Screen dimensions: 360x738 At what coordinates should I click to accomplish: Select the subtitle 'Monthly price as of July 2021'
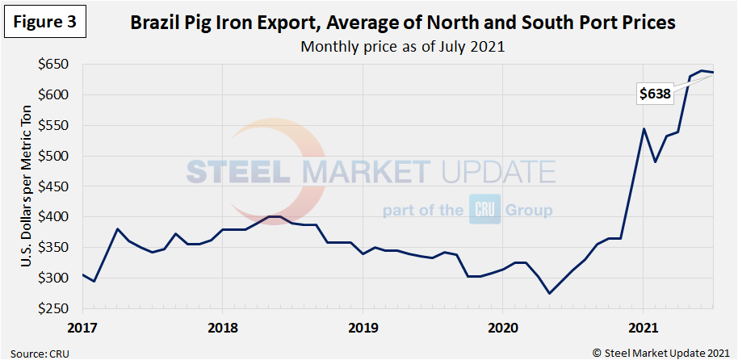click(x=402, y=46)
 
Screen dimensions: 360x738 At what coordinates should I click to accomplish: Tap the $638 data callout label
click(x=655, y=94)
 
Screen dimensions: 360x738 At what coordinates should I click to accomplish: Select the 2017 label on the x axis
click(x=82, y=329)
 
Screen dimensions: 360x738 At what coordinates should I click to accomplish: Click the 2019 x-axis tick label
click(x=363, y=329)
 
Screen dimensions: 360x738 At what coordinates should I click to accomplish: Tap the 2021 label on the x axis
click(x=643, y=329)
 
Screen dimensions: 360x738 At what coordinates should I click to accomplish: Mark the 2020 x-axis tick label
click(x=502, y=329)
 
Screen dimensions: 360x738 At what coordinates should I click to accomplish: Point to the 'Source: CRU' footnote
click(x=39, y=351)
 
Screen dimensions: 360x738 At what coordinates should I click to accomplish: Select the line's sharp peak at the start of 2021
click(x=644, y=128)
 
